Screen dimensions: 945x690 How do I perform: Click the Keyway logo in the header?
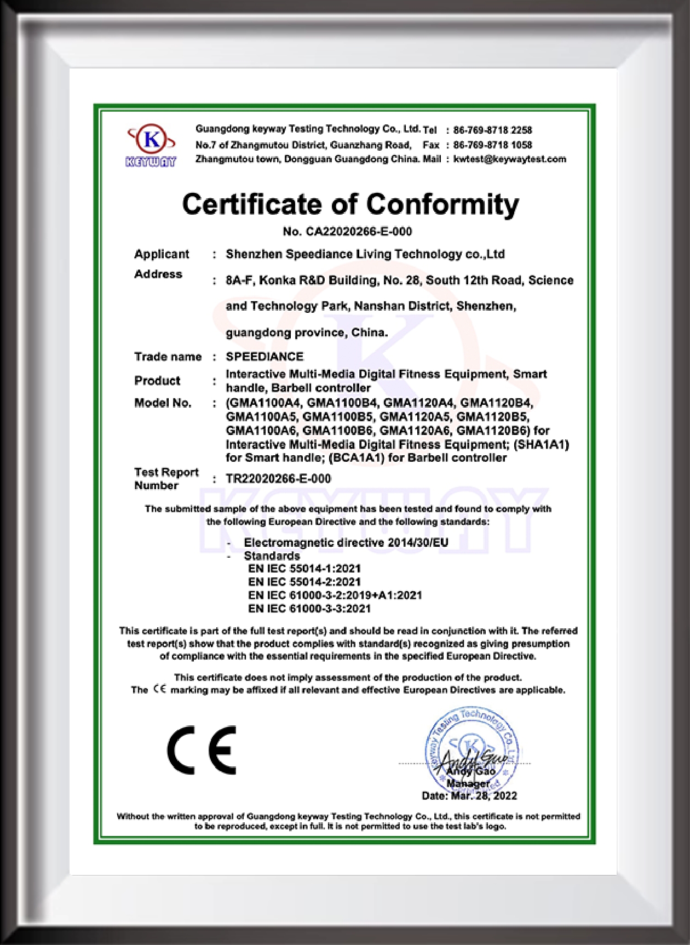pyautogui.click(x=151, y=145)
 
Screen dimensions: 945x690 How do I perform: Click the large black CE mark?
pyautogui.click(x=202, y=750)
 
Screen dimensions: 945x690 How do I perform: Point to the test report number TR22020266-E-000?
pyautogui.click(x=278, y=479)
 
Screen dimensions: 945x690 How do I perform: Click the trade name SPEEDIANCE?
pyautogui.click(x=264, y=357)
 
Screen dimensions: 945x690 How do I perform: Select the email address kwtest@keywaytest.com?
pyautogui.click(x=509, y=159)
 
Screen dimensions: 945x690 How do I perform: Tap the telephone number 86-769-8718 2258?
pyautogui.click(x=492, y=130)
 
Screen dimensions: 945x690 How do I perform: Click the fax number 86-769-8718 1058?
pyautogui.click(x=492, y=145)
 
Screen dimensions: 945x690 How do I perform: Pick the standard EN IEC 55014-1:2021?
pyautogui.click(x=304, y=569)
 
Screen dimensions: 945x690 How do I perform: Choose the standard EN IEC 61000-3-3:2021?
pyautogui.click(x=309, y=609)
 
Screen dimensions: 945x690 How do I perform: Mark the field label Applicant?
pyautogui.click(x=162, y=254)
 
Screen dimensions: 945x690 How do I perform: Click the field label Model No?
pyautogui.click(x=163, y=403)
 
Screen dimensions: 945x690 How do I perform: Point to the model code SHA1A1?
pyautogui.click(x=541, y=444)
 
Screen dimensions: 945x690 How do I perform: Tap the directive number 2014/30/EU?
pyautogui.click(x=418, y=543)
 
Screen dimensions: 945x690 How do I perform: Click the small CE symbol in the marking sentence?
pyautogui.click(x=159, y=689)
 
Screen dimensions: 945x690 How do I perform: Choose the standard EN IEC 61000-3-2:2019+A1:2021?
pyautogui.click(x=335, y=595)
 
